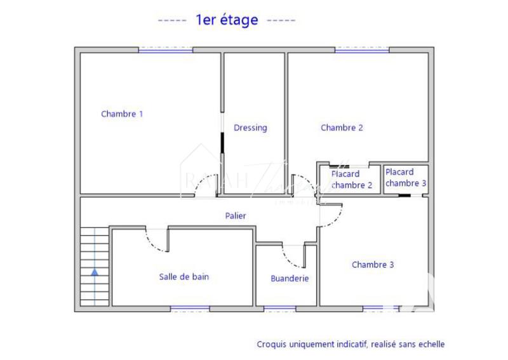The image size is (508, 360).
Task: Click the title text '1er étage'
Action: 227,20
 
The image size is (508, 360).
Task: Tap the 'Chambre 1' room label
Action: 122,114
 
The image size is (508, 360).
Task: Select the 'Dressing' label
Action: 250,128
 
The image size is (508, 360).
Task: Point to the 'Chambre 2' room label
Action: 342,128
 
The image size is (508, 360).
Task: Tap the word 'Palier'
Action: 236,216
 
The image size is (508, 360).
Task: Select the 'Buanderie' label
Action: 290,278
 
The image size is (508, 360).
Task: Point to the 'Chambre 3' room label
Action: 373,265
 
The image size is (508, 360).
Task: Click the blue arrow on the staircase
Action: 95,272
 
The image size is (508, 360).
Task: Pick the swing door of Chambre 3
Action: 330,215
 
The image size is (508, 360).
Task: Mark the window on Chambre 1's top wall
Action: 166,50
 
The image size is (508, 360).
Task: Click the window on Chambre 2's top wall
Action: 362,50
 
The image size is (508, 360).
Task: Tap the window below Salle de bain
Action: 190,309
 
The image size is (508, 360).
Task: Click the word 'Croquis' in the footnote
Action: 271,344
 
